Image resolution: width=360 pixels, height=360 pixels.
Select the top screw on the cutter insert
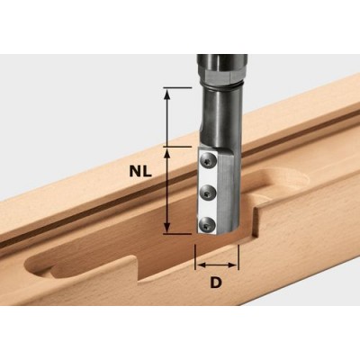point(209,159)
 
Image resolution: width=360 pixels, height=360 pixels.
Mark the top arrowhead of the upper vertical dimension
point(167,94)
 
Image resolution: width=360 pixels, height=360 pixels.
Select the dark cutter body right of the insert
point(229,189)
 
